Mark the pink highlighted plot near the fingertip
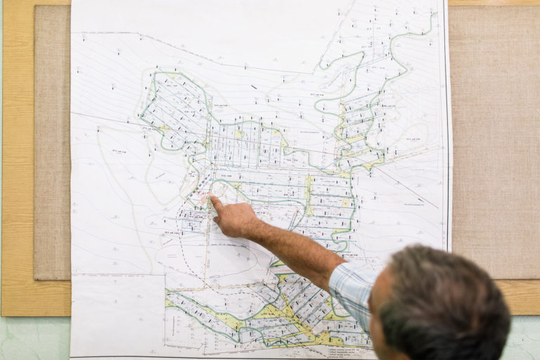click(x=205, y=198)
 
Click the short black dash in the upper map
click(x=254, y=86)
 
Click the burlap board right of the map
click(x=492, y=141)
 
